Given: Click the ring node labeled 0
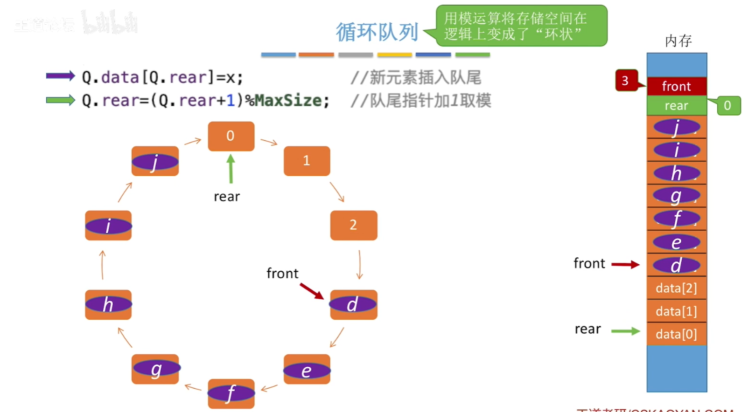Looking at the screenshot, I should click(231, 136).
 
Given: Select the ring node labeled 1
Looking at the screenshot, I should click(307, 161).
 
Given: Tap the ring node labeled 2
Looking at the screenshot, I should click(353, 225).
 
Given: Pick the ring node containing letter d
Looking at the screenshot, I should click(353, 304).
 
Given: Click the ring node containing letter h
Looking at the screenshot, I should click(108, 304).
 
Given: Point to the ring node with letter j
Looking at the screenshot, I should click(155, 161).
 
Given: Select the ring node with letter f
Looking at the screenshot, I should click(231, 393).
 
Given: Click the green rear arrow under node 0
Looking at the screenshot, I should click(231, 169).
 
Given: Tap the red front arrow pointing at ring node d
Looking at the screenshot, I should click(311, 291).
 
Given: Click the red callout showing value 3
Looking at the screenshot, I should click(625, 81).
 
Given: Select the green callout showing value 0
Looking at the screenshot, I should click(728, 106).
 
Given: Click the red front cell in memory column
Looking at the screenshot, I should click(677, 86).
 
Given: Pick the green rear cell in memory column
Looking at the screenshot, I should click(677, 106).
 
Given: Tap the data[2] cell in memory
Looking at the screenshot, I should click(677, 288).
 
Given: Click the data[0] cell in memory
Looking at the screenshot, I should click(677, 334).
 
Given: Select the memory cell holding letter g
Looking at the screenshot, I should click(677, 196).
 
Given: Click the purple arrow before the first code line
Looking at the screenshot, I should click(60, 76).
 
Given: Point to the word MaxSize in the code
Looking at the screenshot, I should click(288, 100).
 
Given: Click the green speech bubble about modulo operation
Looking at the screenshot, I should click(521, 26).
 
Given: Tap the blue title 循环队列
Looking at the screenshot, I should click(377, 32).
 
